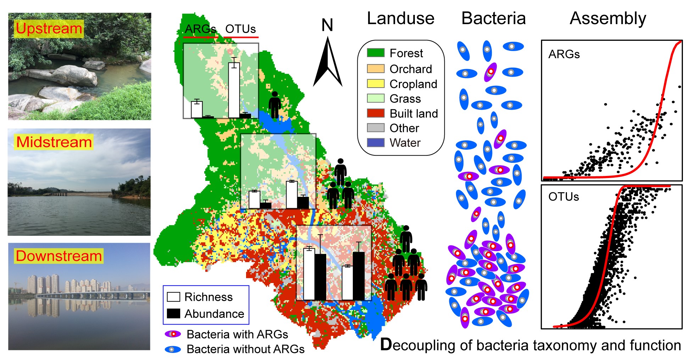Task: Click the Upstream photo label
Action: pyautogui.click(x=49, y=29)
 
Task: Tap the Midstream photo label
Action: pyautogui.click(x=54, y=142)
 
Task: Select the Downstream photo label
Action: pyautogui.click(x=59, y=256)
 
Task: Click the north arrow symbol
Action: pyautogui.click(x=328, y=64)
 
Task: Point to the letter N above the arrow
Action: pyautogui.click(x=327, y=25)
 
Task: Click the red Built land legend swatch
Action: pyautogui.click(x=375, y=113)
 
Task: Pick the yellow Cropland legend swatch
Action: pyautogui.click(x=375, y=84)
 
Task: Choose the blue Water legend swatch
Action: pyautogui.click(x=375, y=143)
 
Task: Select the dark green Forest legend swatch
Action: pyautogui.click(x=375, y=53)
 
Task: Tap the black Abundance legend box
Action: pyautogui.click(x=173, y=314)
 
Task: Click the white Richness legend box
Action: pyautogui.click(x=173, y=297)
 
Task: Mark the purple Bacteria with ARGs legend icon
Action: pyautogui.click(x=173, y=334)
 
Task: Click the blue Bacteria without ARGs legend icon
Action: pyautogui.click(x=173, y=349)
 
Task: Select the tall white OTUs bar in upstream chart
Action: pyautogui.click(x=234, y=90)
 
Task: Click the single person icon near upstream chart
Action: pyautogui.click(x=274, y=105)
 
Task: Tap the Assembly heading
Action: pyautogui.click(x=608, y=18)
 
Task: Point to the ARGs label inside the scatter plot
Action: pyautogui.click(x=564, y=54)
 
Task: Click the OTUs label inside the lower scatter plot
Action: pyautogui.click(x=563, y=197)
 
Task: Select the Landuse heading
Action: pyautogui.click(x=400, y=18)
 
